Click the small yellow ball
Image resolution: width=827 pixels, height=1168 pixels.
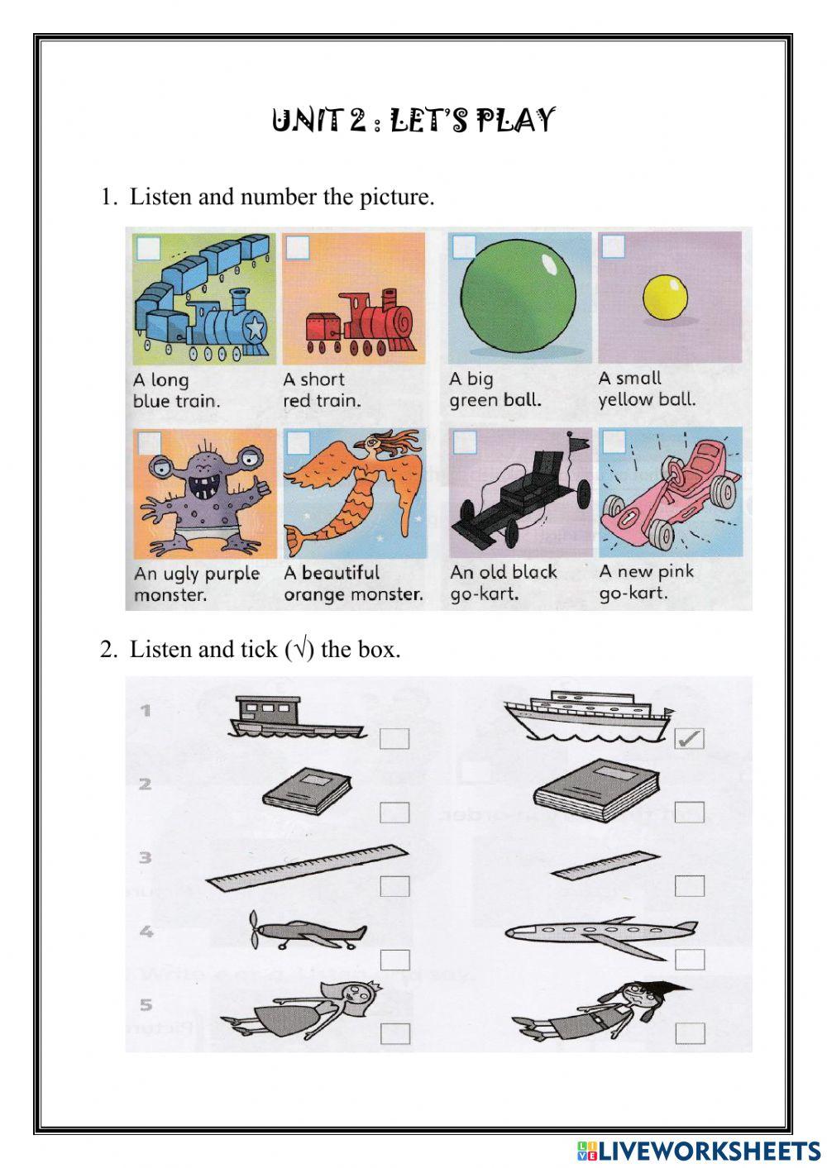[x=665, y=298]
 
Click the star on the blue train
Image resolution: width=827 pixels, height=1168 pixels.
[x=256, y=327]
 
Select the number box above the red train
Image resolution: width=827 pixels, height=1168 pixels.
[x=298, y=247]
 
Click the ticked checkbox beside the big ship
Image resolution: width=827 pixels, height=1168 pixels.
[x=689, y=738]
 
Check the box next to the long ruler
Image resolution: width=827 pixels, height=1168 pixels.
[x=395, y=886]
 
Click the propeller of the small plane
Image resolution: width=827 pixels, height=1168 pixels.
[x=254, y=930]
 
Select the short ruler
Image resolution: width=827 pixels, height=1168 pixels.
[x=606, y=864]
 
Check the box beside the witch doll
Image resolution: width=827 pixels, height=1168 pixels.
[x=690, y=1033]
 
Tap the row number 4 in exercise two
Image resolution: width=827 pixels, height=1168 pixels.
[x=146, y=931]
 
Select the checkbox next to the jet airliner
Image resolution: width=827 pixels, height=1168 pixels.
[x=690, y=960]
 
